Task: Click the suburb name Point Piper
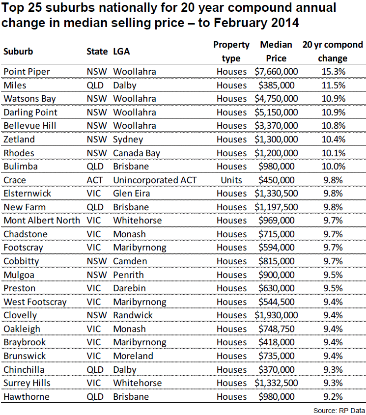[27, 72]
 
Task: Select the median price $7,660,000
[276, 72]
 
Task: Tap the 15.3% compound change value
[332, 72]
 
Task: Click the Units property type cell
[231, 180]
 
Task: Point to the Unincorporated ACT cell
[155, 180]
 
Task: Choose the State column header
[97, 51]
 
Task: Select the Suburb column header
[18, 51]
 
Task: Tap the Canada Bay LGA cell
[137, 153]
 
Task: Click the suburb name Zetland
[19, 139]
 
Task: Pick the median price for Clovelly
[276, 315]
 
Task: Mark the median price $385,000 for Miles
[276, 85]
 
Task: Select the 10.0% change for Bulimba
[332, 166]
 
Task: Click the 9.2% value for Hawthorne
[332, 397]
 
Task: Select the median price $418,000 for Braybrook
[276, 342]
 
